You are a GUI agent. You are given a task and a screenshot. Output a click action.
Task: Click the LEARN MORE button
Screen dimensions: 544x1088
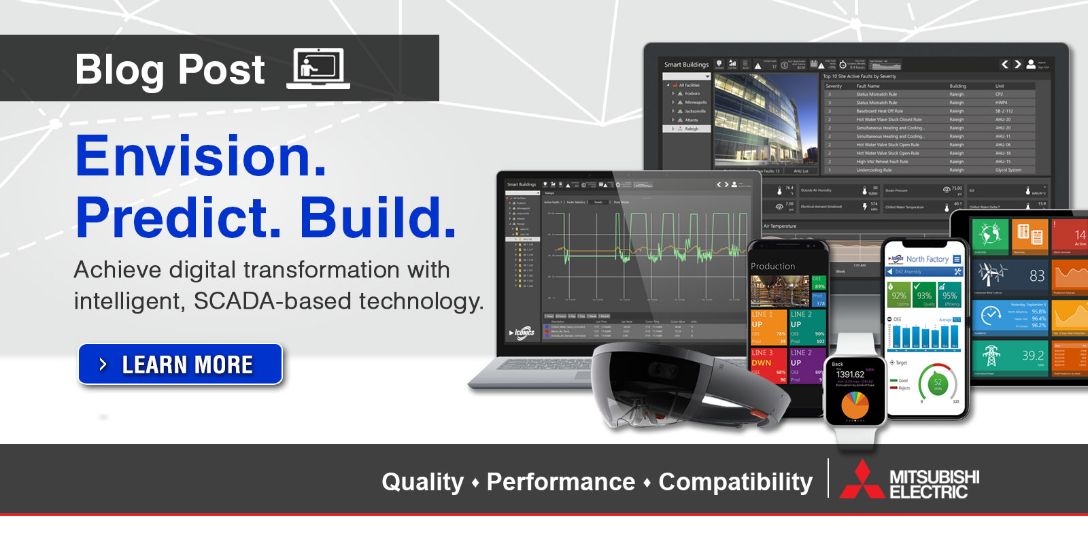click(180, 364)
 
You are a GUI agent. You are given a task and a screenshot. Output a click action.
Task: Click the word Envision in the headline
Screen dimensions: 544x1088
click(201, 157)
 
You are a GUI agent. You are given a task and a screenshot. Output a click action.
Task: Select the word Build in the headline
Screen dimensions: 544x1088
click(377, 218)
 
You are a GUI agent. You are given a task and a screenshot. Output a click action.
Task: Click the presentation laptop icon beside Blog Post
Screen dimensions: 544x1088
click(318, 69)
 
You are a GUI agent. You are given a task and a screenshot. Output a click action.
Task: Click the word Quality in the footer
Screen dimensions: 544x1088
click(422, 482)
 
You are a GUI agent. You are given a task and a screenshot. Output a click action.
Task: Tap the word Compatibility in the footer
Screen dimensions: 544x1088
click(735, 482)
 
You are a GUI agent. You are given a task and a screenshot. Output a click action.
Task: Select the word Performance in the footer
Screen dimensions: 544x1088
click(560, 482)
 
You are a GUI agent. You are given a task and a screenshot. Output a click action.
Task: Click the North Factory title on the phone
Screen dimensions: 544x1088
click(927, 259)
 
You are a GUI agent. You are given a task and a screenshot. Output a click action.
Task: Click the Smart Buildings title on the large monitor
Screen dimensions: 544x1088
click(686, 65)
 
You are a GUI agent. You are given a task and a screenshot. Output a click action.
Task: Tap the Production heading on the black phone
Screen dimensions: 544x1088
click(772, 267)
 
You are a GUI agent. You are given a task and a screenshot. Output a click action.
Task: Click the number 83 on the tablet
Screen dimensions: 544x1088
click(1036, 275)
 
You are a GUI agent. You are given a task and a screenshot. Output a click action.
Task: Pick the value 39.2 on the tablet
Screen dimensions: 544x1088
click(1032, 355)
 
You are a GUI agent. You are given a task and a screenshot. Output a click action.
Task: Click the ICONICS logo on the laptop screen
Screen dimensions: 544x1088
click(522, 333)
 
